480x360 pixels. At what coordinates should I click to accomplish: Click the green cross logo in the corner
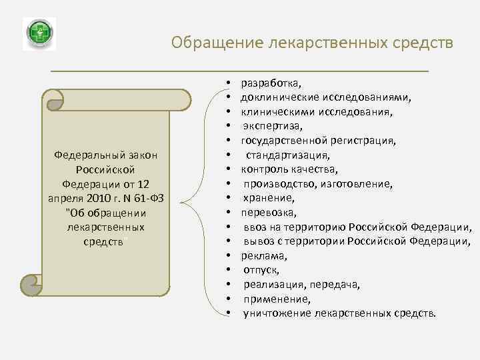point(39,34)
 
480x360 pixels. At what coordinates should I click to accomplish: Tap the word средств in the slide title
point(423,43)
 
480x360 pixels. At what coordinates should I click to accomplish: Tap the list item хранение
point(269,197)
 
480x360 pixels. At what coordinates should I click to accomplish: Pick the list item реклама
point(265,255)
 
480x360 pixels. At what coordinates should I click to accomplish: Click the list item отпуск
point(261,269)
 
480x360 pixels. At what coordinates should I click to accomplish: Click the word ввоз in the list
point(257,227)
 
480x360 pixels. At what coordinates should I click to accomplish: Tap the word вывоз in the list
point(261,241)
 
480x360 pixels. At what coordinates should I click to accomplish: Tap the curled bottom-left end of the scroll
point(32,285)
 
